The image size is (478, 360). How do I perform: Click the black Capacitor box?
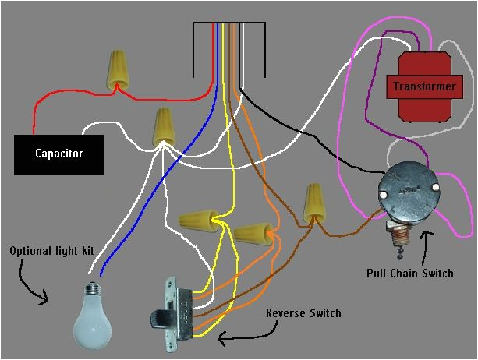(x=58, y=154)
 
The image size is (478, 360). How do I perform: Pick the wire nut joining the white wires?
(x=163, y=125)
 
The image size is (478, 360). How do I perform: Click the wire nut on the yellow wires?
(x=197, y=219)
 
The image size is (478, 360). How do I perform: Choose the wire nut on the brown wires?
(x=313, y=202)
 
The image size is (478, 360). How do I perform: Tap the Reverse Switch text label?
(x=303, y=313)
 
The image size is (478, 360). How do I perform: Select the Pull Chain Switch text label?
(x=421, y=274)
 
